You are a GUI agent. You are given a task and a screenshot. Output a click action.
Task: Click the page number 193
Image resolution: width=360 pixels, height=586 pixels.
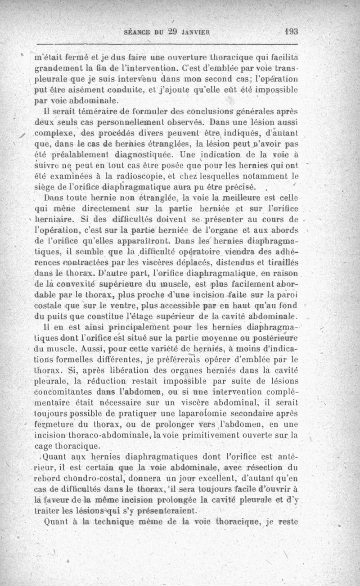(292, 32)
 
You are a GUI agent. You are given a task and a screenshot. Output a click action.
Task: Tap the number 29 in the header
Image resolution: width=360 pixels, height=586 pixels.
(168, 32)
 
